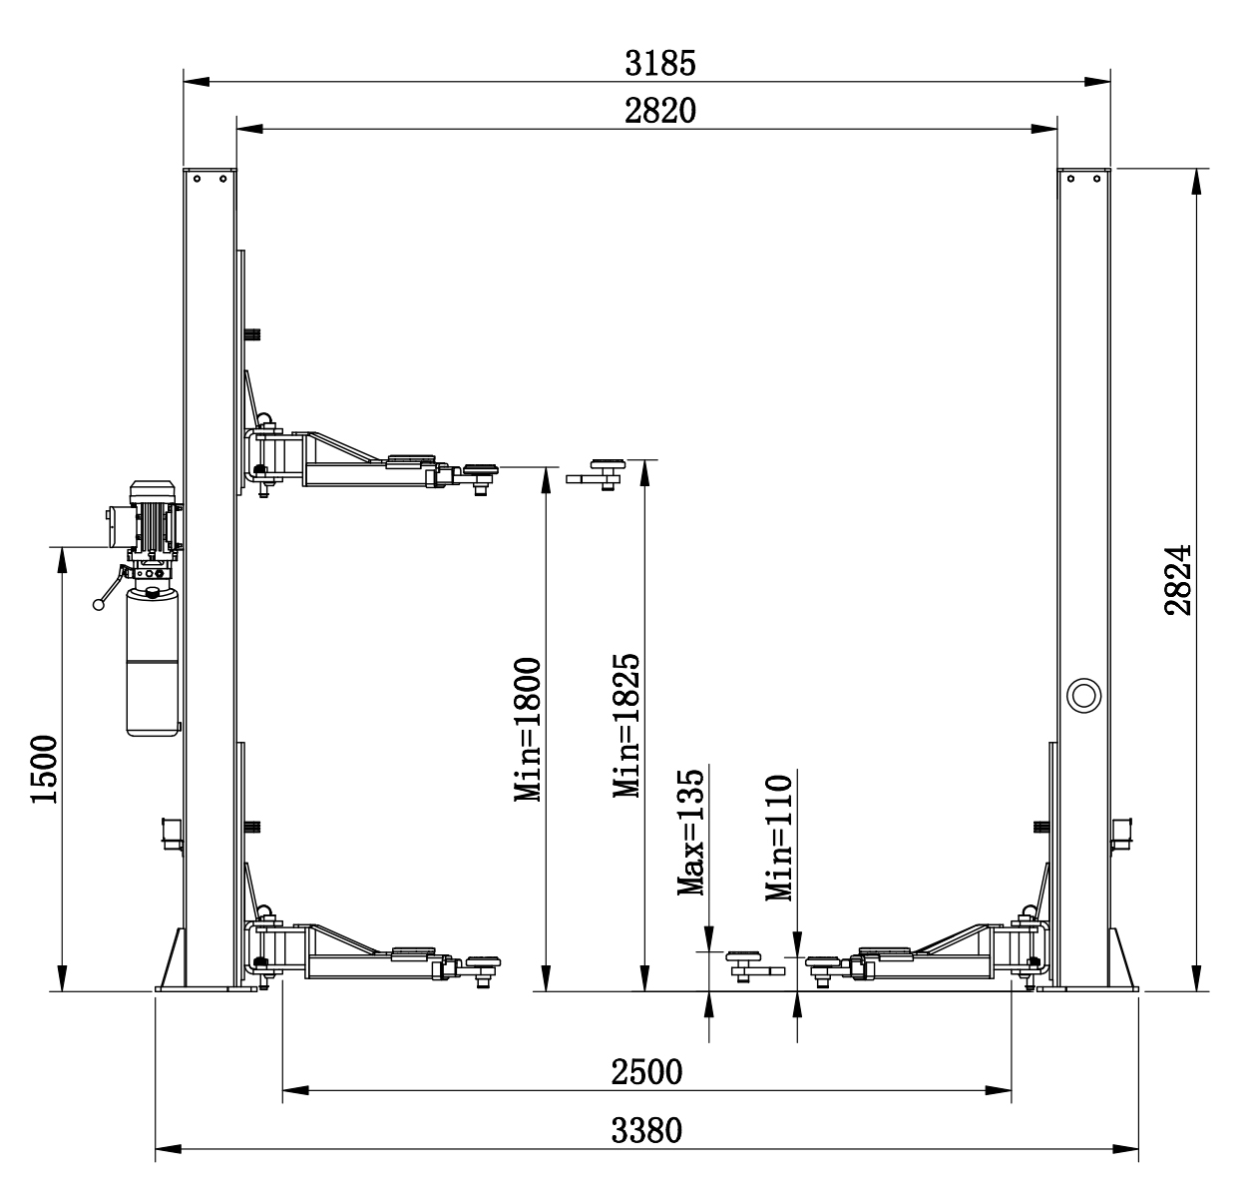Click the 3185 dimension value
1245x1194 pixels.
659,63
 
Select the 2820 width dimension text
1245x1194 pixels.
659,111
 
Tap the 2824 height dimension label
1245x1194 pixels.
1178,580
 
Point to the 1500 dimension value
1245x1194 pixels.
44,769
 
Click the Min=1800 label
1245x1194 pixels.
528,729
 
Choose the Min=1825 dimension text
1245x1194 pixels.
626,726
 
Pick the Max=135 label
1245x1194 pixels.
691,833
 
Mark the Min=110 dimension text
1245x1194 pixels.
779,838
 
